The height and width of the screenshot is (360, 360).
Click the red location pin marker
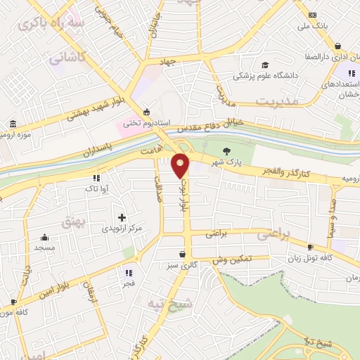181,165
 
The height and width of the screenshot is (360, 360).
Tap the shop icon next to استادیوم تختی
146,111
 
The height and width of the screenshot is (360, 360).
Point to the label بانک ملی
313,26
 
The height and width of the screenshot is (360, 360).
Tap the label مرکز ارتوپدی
122,229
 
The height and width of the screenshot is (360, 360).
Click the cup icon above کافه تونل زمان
311,247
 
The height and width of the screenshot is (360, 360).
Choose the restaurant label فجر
128,283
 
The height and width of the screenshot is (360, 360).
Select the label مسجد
45,248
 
